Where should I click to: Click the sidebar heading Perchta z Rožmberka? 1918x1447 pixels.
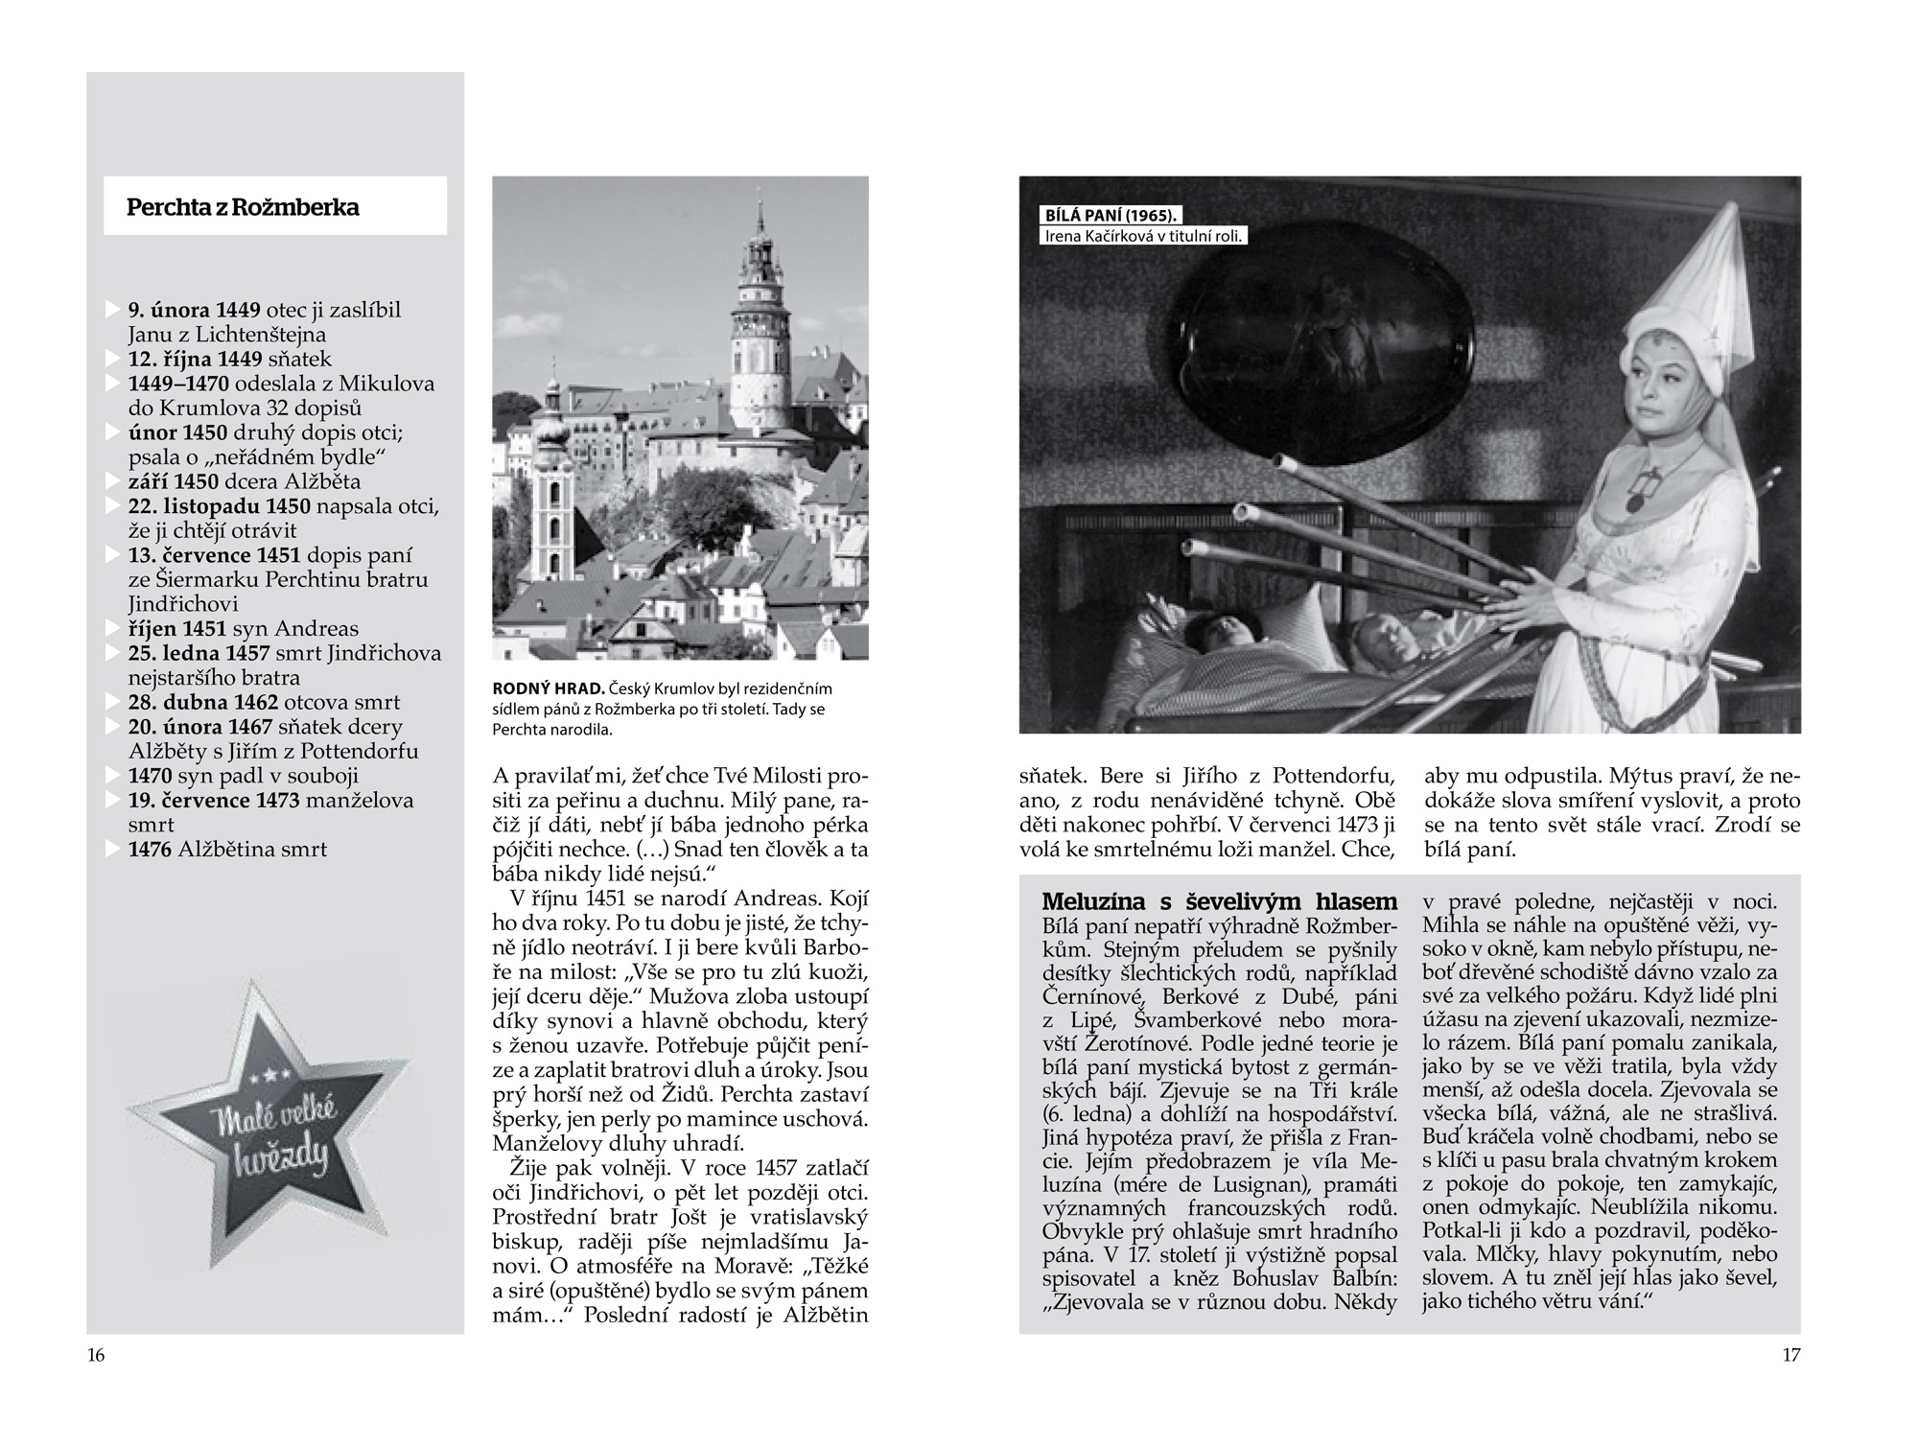click(x=243, y=207)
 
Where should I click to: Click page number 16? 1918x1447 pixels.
click(x=96, y=1355)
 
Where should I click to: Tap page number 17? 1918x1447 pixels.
click(x=1791, y=1355)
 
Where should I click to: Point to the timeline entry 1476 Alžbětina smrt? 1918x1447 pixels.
click(x=227, y=849)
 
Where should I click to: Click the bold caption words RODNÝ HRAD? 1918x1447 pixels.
click(x=547, y=688)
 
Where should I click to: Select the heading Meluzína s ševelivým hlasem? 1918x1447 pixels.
click(x=1219, y=901)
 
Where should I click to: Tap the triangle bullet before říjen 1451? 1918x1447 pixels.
click(x=113, y=629)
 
